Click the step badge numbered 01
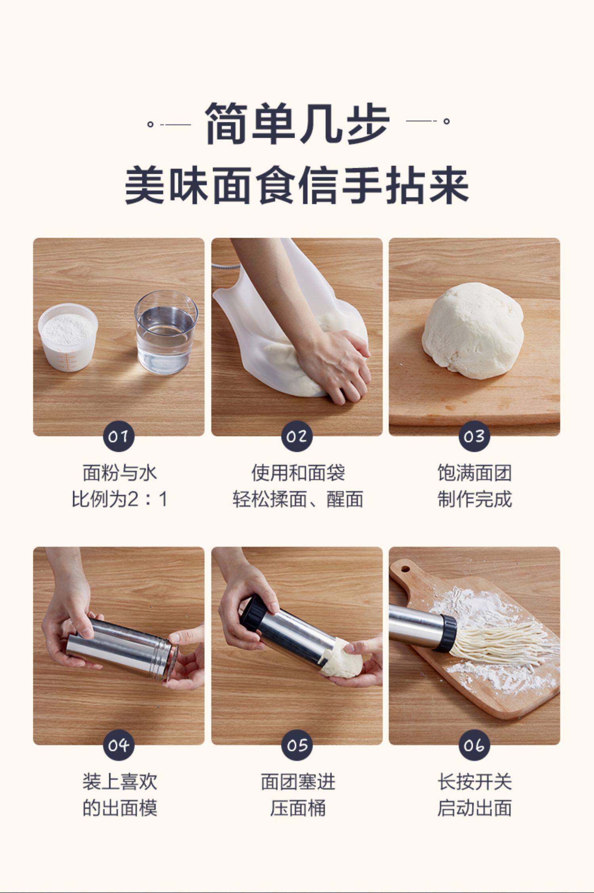tap(118, 436)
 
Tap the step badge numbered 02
tap(297, 436)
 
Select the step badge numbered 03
tap(474, 436)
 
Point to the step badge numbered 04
tap(118, 745)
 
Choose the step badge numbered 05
tap(297, 745)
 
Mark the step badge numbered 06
tap(474, 745)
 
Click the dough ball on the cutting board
tap(473, 331)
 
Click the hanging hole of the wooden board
tap(406, 569)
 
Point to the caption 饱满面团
tap(474, 472)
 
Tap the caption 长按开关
tap(474, 782)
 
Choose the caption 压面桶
tap(298, 808)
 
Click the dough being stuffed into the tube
tap(341, 658)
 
